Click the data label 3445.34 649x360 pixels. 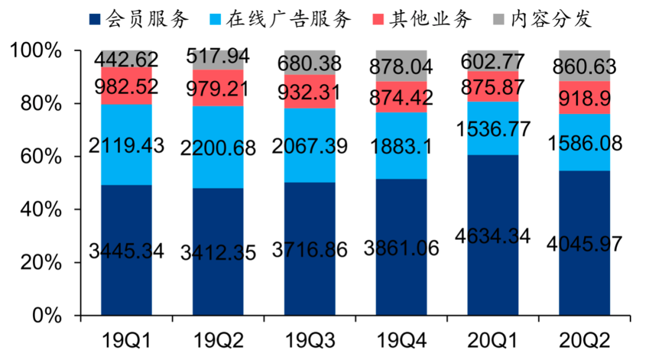click(126, 251)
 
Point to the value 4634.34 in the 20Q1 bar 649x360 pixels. click(493, 235)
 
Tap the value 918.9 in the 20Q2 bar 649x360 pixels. click(584, 97)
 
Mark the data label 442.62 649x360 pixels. click(126, 59)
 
